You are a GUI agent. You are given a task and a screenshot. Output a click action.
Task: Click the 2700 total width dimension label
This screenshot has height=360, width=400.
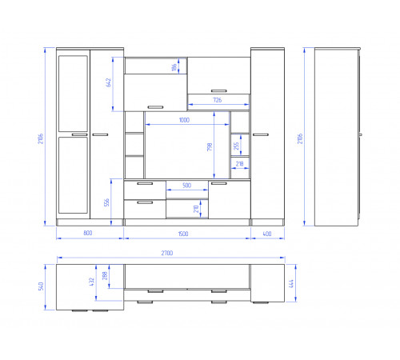pos(167,253)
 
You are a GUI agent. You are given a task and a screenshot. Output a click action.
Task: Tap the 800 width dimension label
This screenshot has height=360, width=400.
pos(88,233)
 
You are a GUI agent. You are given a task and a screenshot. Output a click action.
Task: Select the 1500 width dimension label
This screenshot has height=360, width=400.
pos(183,234)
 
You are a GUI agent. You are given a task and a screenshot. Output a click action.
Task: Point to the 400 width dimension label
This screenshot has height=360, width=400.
pos(267,234)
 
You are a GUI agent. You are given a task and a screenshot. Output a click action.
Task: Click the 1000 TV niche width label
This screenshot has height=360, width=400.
pos(184,120)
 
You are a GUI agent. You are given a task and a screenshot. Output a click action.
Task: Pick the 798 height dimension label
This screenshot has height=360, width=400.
pos(210,147)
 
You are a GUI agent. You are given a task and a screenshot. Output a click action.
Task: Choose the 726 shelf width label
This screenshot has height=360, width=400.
pos(218,100)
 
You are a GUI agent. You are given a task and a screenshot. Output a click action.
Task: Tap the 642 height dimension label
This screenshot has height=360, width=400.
pos(108,82)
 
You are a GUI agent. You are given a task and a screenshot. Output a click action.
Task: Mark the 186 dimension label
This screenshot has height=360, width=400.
pos(174,67)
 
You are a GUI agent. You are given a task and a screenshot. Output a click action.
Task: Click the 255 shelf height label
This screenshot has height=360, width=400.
pos(236,146)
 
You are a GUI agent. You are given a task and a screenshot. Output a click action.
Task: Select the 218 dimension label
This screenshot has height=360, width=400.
pos(239,163)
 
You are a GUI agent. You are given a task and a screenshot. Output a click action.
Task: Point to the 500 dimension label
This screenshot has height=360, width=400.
pos(186,186)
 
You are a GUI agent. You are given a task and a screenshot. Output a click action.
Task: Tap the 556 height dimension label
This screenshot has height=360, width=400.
pos(106,202)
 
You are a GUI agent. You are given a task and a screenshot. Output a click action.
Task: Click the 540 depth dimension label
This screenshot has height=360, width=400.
pos(41,286)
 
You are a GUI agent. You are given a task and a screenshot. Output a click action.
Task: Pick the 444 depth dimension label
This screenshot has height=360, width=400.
pos(291,284)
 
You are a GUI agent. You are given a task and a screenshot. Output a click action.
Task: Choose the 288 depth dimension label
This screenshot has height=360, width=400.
pos(105,276)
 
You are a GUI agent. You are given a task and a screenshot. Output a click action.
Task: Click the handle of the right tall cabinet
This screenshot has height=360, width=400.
pos(261,134)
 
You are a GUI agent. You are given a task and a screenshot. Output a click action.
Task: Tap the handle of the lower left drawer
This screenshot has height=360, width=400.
pos(145,202)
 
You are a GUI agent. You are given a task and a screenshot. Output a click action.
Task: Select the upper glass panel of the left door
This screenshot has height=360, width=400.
pos(73,94)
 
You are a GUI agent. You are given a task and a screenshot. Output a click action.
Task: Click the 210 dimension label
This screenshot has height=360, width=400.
pos(196,209)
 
